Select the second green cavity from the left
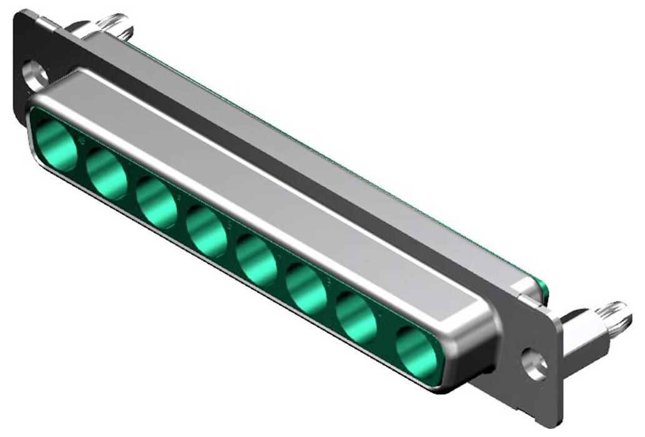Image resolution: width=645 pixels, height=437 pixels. pyautogui.click(x=107, y=174)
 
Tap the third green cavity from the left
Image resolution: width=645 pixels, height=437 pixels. pyautogui.click(x=156, y=202)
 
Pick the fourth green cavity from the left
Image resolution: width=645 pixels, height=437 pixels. pyautogui.click(x=206, y=230)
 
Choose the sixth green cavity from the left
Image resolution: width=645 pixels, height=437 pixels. pyautogui.click(x=306, y=287)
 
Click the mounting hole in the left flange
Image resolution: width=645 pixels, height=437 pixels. pyautogui.click(x=36, y=72)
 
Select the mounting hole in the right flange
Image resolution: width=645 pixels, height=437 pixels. pyautogui.click(x=535, y=364)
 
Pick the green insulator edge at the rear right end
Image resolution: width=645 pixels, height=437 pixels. pyautogui.click(x=544, y=291)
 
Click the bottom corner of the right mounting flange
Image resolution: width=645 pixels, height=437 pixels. pyautogui.click(x=553, y=422)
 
